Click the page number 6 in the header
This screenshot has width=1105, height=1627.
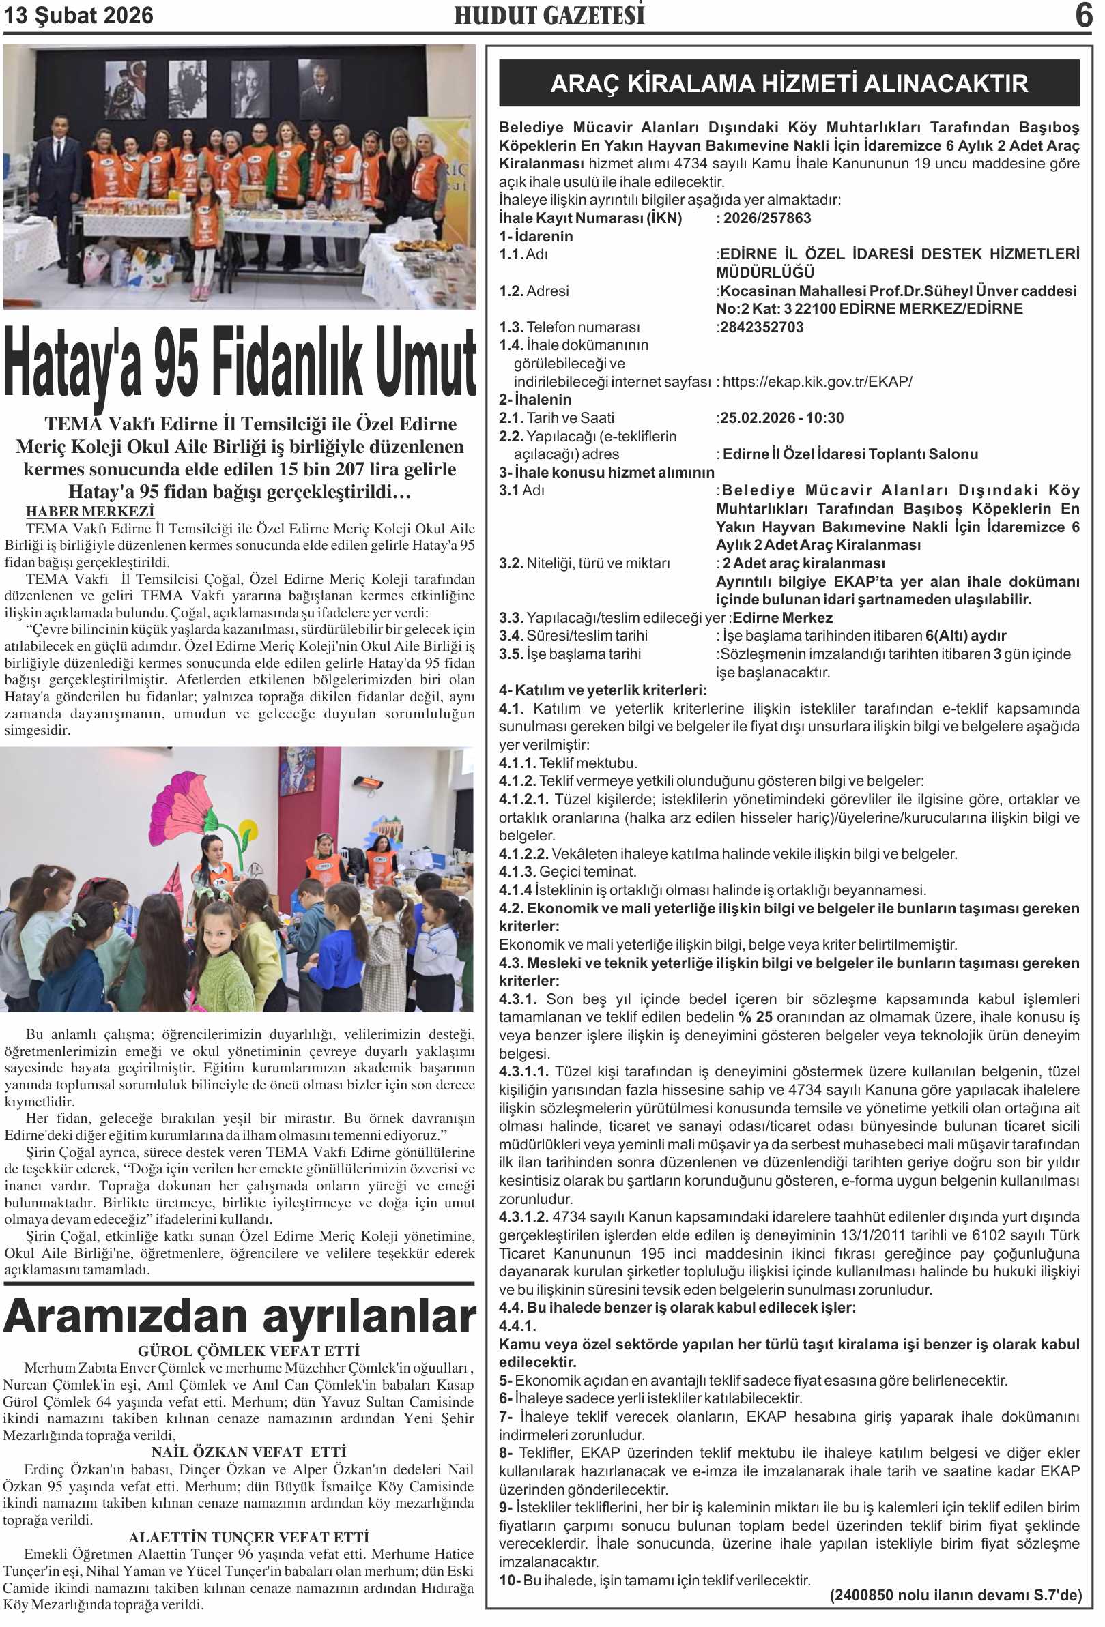click(x=1082, y=16)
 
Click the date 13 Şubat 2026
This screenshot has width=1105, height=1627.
click(x=78, y=16)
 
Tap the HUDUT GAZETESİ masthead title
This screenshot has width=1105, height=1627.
click(x=549, y=16)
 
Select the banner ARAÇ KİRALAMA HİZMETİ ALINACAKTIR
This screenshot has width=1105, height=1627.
click(x=788, y=84)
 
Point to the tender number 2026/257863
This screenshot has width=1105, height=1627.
click(x=766, y=218)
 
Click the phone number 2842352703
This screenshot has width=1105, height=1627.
click(x=762, y=327)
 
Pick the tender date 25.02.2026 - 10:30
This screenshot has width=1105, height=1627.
click(x=781, y=418)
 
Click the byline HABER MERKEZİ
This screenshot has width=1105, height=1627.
click(x=90, y=512)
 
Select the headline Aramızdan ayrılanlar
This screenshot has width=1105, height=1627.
click(x=240, y=1317)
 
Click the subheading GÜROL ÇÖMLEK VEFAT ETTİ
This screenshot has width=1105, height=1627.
click(x=248, y=1351)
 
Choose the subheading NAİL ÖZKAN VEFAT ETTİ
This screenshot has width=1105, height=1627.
click(x=248, y=1452)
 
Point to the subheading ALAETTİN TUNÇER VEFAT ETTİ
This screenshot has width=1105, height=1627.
click(x=248, y=1538)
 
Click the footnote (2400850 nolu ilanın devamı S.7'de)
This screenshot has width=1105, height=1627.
click(x=955, y=1596)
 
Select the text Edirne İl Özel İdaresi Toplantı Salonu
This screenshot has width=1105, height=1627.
click(x=850, y=454)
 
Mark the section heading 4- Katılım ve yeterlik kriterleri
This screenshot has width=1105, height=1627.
click(x=602, y=690)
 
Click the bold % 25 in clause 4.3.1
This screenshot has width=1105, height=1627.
click(x=755, y=1017)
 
